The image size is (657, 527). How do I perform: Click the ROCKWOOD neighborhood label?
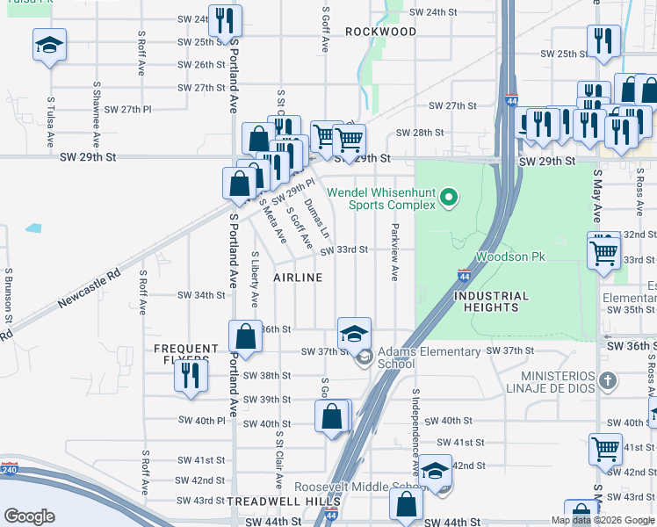[380, 32]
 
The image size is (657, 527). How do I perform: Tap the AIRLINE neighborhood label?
[298, 278]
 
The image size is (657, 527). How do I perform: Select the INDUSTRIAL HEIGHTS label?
[491, 301]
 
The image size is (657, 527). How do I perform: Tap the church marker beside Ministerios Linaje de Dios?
[612, 381]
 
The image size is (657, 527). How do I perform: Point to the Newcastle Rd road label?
[86, 290]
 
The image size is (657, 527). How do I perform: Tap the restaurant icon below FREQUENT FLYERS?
[190, 374]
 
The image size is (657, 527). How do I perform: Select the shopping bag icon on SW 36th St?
[245, 336]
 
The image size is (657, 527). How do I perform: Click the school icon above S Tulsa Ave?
[49, 45]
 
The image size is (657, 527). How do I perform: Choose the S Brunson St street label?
[8, 294]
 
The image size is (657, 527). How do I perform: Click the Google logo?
[29, 516]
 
